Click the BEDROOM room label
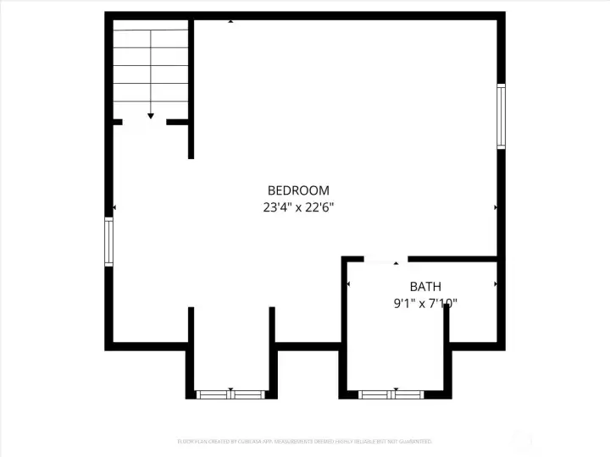click(x=298, y=190)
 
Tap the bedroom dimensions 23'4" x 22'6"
click(x=298, y=206)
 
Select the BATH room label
click(x=425, y=287)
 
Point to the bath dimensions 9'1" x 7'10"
click(x=425, y=303)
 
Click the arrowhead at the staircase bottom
click(x=151, y=116)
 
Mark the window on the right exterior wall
click(x=501, y=116)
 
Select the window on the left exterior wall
click(x=108, y=242)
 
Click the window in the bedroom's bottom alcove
click(x=230, y=394)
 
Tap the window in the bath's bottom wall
click(x=391, y=394)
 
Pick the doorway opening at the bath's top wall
click(x=385, y=259)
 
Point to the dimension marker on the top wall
click(x=230, y=19)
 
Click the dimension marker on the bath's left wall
click(x=348, y=284)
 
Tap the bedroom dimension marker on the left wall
click(x=114, y=207)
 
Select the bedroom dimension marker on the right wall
click(x=496, y=207)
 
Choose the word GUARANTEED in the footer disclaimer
click(x=414, y=442)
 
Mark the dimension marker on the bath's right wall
click(x=496, y=284)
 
